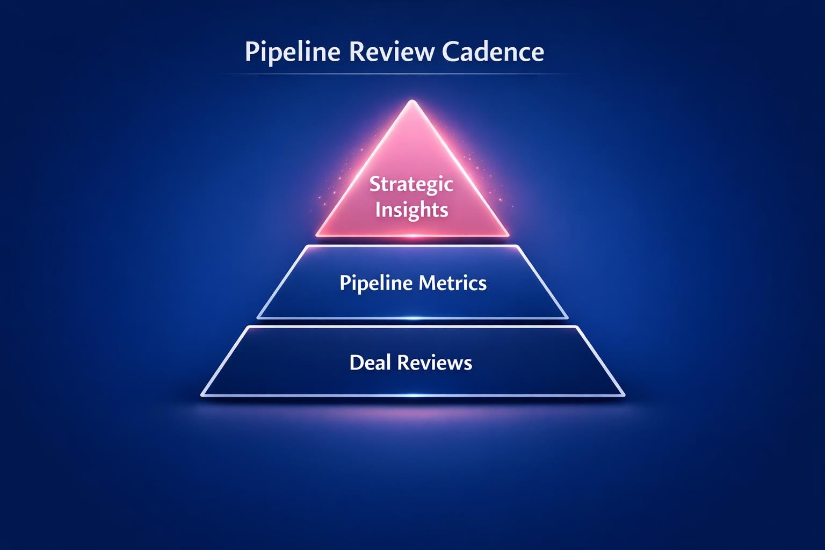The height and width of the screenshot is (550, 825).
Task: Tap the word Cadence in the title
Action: pos(493,53)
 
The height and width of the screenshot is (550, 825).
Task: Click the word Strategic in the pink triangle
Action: pos(411,185)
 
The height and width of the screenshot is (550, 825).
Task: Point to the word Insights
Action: pos(411,209)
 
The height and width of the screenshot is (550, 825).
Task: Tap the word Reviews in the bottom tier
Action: pos(434,363)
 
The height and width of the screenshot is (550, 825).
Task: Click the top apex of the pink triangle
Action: pos(412,102)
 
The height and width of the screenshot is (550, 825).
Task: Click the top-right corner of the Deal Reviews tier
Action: pos(576,327)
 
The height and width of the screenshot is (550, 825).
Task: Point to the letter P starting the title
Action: pos(251,53)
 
